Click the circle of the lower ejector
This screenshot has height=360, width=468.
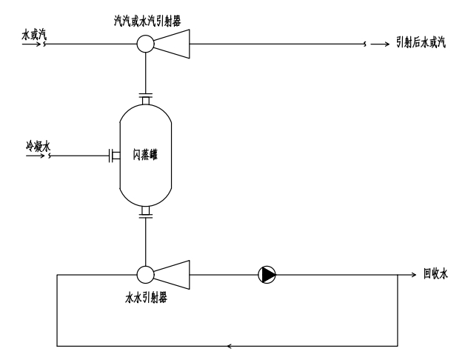click(x=145, y=275)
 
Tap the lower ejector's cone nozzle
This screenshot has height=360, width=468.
click(x=172, y=275)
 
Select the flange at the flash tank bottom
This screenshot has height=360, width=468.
click(x=145, y=215)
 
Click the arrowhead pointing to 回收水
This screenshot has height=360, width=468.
click(x=415, y=275)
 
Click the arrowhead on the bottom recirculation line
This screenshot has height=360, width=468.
click(x=230, y=345)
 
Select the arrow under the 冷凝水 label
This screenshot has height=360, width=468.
click(x=33, y=156)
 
